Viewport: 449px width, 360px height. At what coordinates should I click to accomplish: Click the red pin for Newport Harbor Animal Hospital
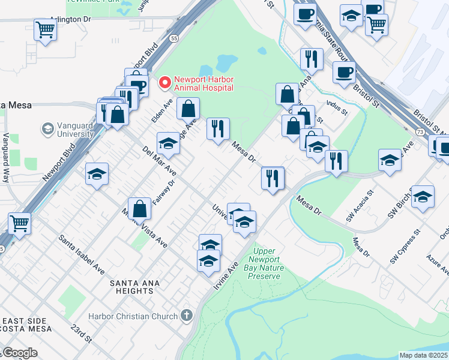coord(164,82)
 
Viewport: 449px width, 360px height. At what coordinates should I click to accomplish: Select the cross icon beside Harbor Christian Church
coord(187,315)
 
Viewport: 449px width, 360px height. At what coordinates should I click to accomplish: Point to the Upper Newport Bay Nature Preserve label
coord(264,263)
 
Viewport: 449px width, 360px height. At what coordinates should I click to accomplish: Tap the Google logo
coord(19,353)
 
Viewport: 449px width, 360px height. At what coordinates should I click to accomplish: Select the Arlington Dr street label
coord(70,19)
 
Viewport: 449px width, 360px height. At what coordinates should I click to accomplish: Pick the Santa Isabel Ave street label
coord(82,254)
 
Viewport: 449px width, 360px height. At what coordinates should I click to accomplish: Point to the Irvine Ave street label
coord(225,275)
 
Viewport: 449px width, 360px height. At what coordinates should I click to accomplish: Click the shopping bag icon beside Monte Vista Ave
coord(139,209)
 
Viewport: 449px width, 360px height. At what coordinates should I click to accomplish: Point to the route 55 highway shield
coord(173,38)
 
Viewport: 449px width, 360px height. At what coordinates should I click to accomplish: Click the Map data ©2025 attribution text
coord(423,355)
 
